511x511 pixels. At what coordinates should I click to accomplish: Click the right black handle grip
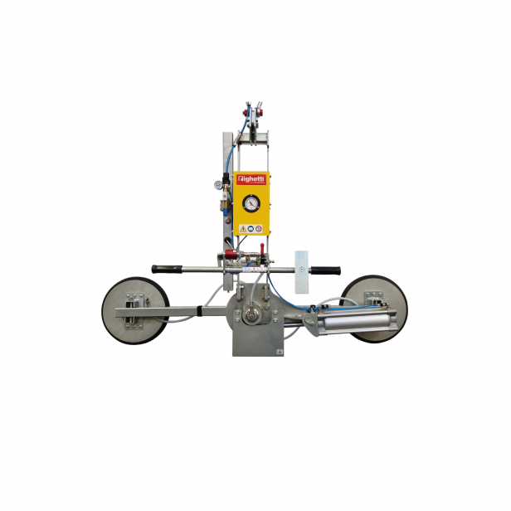(x=325, y=270)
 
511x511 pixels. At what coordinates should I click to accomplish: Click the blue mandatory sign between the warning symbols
(x=251, y=227)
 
